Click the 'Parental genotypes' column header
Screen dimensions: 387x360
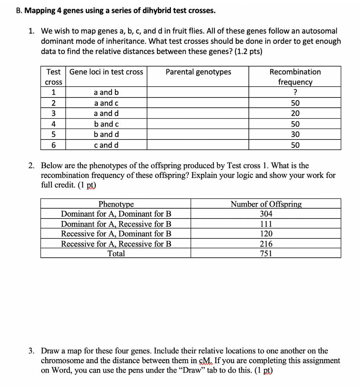pyautogui.click(x=198, y=72)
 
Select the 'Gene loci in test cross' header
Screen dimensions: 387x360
pyautogui.click(x=106, y=72)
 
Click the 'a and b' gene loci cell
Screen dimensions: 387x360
pyautogui.click(x=106, y=92)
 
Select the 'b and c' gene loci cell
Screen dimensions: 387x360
pyautogui.click(x=106, y=124)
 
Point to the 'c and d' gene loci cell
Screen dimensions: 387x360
pyautogui.click(x=106, y=145)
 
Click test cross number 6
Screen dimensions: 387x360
pyautogui.click(x=54, y=145)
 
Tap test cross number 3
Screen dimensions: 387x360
pyautogui.click(x=54, y=113)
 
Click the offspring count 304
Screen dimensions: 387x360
pyautogui.click(x=266, y=214)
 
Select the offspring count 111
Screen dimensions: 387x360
pyautogui.click(x=266, y=224)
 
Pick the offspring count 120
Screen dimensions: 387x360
pyautogui.click(x=266, y=234)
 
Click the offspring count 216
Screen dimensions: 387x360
pyautogui.click(x=266, y=244)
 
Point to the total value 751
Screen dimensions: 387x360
pyautogui.click(x=266, y=254)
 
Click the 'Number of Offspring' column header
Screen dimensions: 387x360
pyautogui.click(x=266, y=204)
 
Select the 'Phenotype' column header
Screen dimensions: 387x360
pyautogui.click(x=116, y=204)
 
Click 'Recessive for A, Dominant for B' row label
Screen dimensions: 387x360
pyautogui.click(x=116, y=234)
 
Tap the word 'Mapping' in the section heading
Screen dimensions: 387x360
pyautogui.click(x=41, y=11)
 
